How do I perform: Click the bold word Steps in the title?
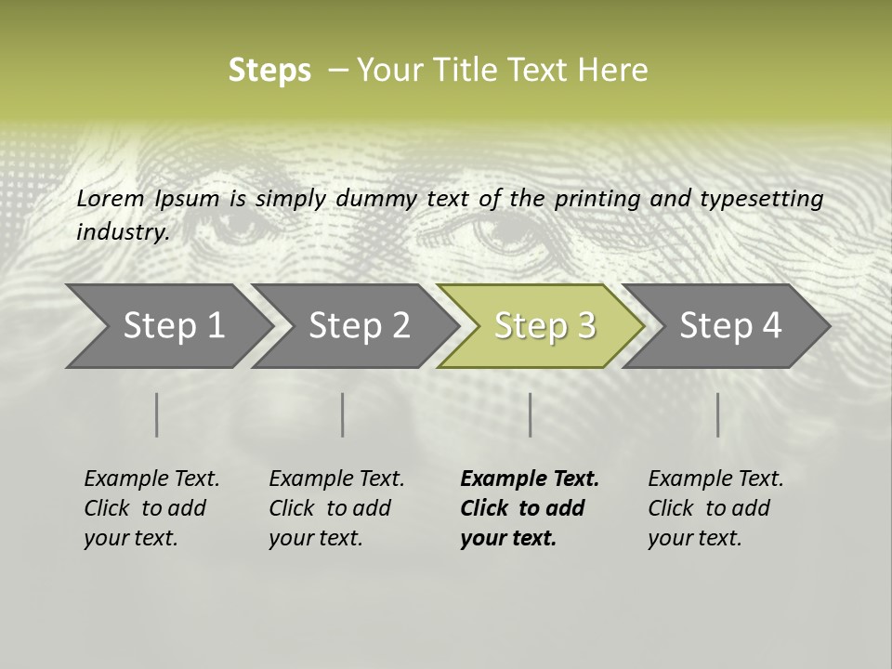[269, 71]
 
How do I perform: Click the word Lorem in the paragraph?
[111, 198]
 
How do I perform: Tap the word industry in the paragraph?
[122, 231]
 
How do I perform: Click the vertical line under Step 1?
[157, 414]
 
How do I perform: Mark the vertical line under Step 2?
[343, 414]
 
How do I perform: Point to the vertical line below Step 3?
[531, 414]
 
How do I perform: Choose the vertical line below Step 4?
[718, 414]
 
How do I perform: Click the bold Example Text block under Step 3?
[528, 508]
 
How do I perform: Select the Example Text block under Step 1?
[151, 508]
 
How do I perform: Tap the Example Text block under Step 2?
[335, 508]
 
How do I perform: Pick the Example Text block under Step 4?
[715, 508]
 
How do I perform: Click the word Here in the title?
[614, 71]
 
